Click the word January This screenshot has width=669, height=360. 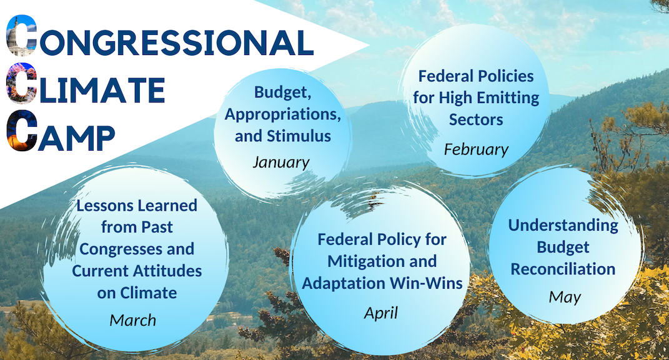click(x=280, y=162)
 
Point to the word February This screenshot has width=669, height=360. click(x=476, y=149)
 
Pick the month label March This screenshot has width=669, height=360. click(x=132, y=320)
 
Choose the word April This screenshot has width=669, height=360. click(x=380, y=314)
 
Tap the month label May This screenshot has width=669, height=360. click(x=565, y=297)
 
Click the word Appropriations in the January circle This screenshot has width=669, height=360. click(x=282, y=114)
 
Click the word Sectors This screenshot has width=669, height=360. click(x=476, y=119)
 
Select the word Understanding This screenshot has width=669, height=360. click(x=563, y=226)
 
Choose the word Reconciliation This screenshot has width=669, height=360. click(x=563, y=269)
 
